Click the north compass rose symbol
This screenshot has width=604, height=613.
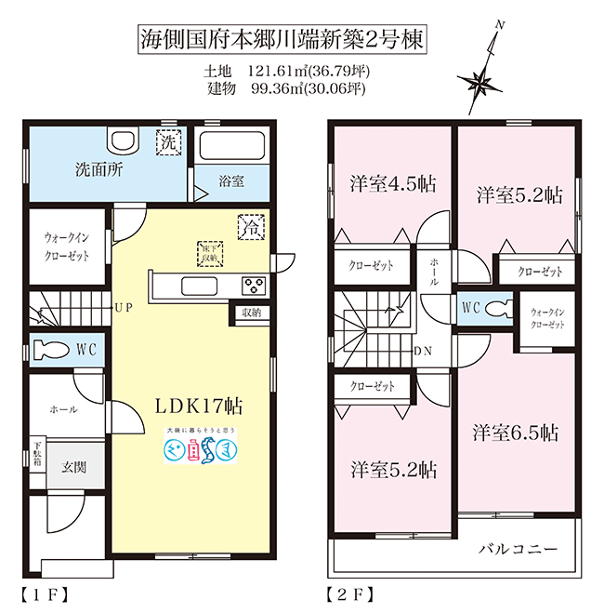[482, 82]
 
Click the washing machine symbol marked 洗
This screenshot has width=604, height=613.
[168, 144]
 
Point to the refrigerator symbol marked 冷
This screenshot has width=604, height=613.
[250, 225]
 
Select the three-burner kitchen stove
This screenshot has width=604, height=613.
[254, 285]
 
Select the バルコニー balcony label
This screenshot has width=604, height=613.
[519, 550]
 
